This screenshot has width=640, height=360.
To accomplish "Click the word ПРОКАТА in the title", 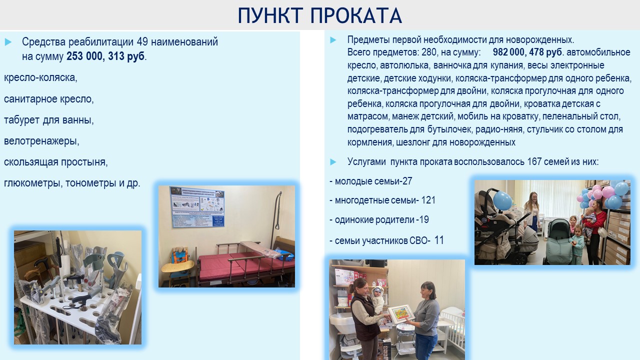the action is click(x=356, y=15).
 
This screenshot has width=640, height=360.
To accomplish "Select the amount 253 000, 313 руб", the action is click(x=105, y=56).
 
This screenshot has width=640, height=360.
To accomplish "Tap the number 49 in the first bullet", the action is click(x=142, y=41).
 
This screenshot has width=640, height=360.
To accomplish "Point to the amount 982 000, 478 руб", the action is click(x=527, y=52).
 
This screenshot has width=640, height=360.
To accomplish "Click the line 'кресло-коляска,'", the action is click(x=40, y=77).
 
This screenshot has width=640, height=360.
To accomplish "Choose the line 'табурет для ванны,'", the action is click(x=49, y=120).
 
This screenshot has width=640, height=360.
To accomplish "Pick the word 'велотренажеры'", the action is click(x=40, y=141).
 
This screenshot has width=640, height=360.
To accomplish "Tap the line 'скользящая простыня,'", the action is click(x=55, y=162).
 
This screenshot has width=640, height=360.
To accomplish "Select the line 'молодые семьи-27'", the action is click(x=371, y=181).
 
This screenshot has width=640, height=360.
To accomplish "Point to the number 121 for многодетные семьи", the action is click(x=428, y=200).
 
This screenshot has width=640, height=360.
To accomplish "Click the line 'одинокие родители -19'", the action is click(x=379, y=219).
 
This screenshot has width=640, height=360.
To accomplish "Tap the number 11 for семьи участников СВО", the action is click(x=439, y=240).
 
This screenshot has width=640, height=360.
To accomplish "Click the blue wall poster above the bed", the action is click(x=197, y=207).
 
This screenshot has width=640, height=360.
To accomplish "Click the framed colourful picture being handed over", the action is click(x=401, y=313).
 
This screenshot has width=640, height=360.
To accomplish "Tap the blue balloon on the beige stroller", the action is click(x=502, y=200).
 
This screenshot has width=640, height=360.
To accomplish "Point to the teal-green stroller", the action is click(x=559, y=241).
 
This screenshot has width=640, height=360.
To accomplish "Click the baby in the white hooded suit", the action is click(x=378, y=300).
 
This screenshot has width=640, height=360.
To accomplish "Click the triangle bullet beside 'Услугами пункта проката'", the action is click(x=333, y=162).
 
